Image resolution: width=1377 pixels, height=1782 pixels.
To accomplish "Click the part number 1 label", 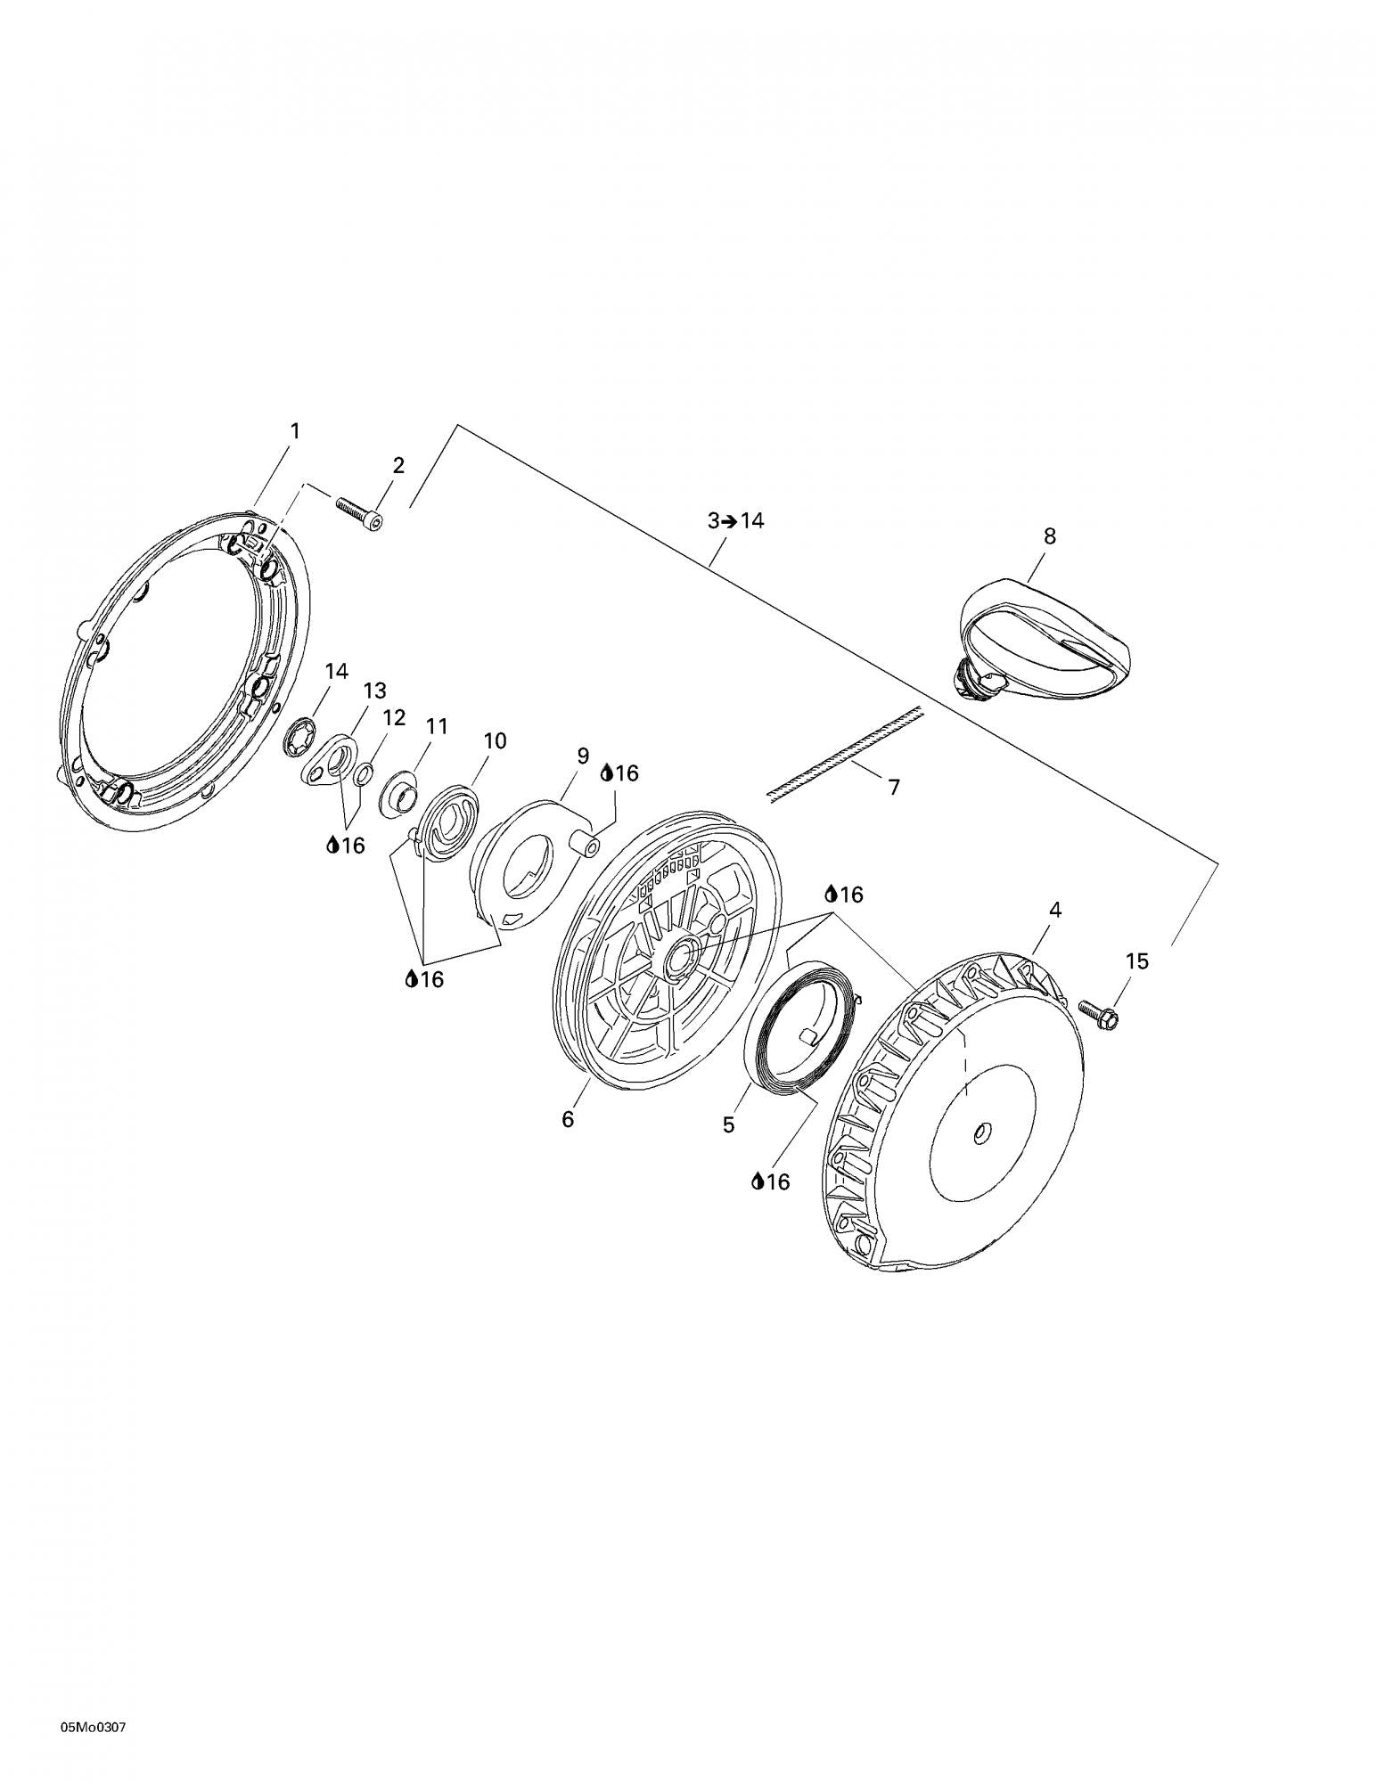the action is pos(295,431).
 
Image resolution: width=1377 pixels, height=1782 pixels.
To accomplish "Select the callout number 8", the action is pos(1050,536).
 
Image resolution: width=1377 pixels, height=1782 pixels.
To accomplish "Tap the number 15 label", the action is pos(1136,962).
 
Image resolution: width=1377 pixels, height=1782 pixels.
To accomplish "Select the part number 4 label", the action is pos(1055,911).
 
